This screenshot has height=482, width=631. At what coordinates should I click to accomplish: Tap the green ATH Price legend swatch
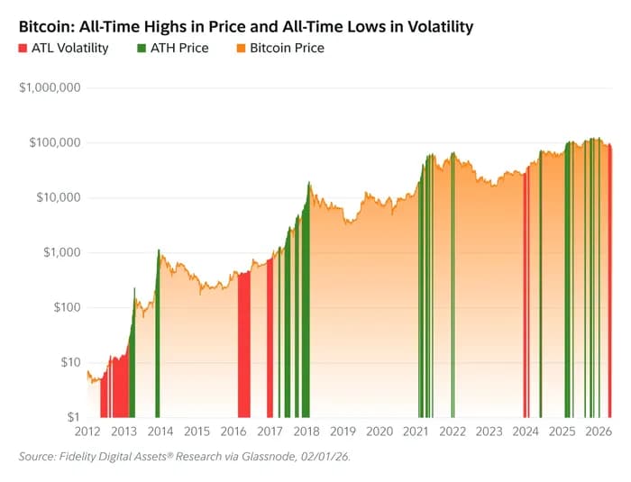[143, 48]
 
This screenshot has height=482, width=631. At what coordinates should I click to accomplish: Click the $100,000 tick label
[53, 143]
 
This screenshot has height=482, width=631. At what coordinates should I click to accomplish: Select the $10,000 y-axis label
[57, 198]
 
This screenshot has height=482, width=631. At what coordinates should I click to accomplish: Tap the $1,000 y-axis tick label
[60, 253]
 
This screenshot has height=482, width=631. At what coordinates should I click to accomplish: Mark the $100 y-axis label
[66, 308]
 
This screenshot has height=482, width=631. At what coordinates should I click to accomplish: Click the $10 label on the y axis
[69, 362]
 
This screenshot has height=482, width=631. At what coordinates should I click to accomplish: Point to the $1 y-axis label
[73, 417]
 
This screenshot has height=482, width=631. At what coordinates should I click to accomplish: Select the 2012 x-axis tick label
[87, 432]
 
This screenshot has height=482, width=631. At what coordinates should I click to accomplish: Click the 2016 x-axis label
[233, 432]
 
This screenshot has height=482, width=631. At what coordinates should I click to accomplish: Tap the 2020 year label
[380, 432]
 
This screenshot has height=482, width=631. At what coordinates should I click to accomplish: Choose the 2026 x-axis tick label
[598, 432]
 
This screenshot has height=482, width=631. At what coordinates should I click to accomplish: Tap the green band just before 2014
[157, 342]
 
